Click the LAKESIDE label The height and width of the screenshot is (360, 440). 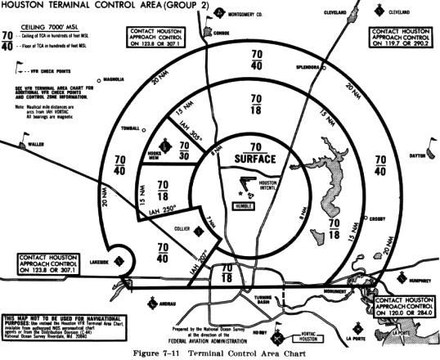(100, 263)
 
